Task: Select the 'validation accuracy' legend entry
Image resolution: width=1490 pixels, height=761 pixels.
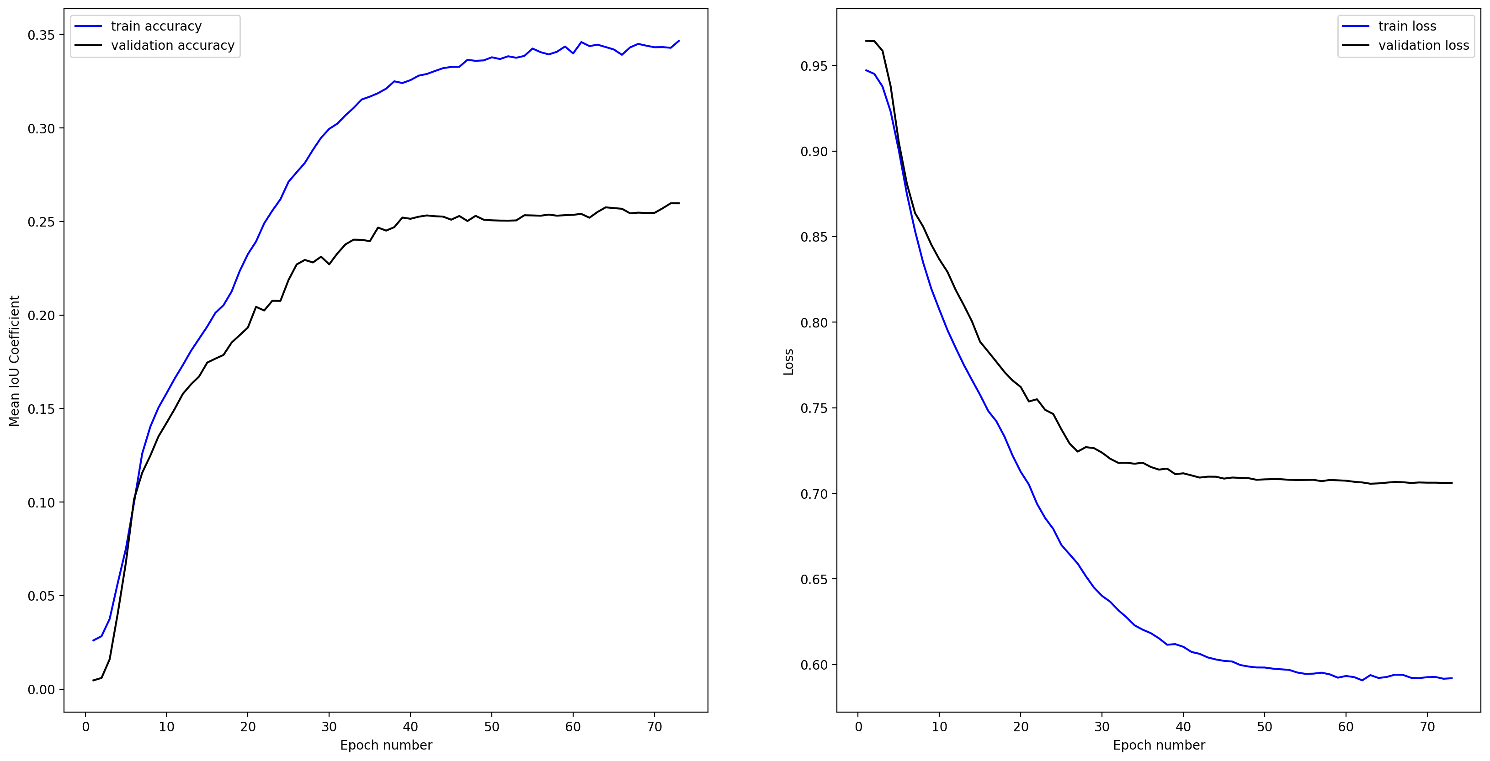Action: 172,45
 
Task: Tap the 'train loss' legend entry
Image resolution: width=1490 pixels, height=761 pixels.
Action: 1407,26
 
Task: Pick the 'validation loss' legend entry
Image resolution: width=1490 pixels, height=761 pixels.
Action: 1423,45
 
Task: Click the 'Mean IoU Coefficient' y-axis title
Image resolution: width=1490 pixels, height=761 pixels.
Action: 15,361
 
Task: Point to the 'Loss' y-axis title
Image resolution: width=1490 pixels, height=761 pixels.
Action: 788,362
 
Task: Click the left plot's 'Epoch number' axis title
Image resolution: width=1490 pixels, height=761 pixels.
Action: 386,745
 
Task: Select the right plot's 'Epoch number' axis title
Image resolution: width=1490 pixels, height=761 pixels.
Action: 1159,745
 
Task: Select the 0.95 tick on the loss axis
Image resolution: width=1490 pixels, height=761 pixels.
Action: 814,66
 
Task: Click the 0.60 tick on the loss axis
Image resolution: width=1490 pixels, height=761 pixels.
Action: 814,665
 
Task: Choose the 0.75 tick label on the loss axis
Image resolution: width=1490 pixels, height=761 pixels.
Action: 814,408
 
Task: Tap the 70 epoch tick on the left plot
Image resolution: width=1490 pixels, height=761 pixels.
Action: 654,726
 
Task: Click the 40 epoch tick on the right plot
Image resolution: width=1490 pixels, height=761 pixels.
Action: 1183,726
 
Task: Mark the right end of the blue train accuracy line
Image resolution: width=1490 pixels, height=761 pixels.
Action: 679,41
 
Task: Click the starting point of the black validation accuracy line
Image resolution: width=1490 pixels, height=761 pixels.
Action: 93,681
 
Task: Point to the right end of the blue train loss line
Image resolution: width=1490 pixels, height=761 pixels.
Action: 1452,678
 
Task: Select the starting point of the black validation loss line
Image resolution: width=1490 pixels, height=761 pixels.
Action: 866,41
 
